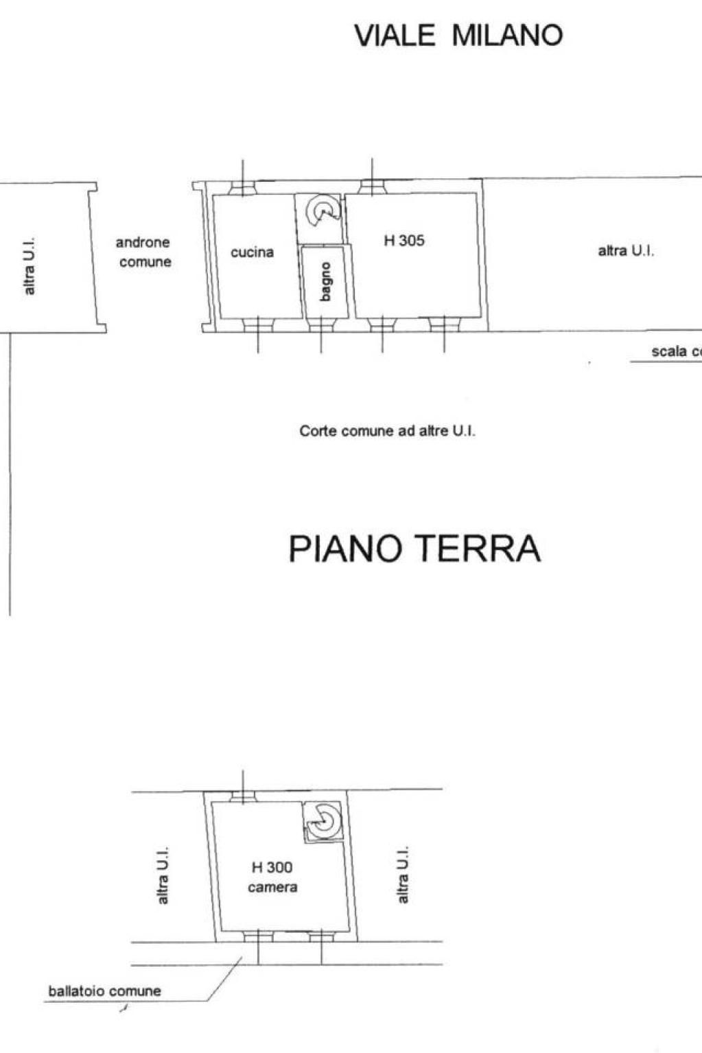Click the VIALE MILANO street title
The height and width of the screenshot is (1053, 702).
pos(458,35)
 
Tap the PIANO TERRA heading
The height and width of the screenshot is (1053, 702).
pos(414,548)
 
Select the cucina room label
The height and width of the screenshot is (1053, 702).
pos(252,252)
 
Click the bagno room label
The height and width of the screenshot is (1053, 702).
pos(325,281)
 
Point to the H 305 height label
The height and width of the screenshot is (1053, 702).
pos(404,241)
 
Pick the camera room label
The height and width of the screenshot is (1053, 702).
pos(272,888)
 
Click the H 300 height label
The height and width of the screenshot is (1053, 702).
pos(272,867)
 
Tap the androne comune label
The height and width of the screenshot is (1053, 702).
pos(144,252)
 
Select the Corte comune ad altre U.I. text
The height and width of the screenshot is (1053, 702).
pos(388,431)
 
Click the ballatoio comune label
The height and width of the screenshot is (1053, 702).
pos(105,991)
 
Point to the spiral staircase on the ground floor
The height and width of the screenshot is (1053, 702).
pos(323,211)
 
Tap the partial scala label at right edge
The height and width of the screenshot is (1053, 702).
pos(677,352)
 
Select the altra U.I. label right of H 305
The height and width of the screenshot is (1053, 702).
pos(626,251)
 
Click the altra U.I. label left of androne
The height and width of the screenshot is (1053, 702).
pos(29,267)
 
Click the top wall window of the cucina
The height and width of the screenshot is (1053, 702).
pos(242,187)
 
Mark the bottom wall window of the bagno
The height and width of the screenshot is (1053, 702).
pos(321,325)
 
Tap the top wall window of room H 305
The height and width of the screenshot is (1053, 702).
pos(373,187)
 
